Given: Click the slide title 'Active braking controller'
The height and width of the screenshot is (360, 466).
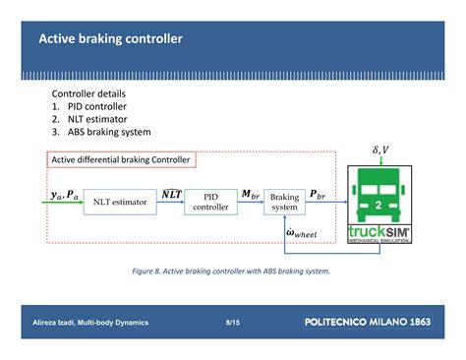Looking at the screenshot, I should point(110,39).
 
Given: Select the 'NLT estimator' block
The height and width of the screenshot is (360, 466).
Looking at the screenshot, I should point(120,202).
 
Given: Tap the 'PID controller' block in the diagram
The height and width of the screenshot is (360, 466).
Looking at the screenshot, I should point(210,202).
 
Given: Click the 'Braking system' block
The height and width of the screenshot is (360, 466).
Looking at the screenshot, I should point(284,202).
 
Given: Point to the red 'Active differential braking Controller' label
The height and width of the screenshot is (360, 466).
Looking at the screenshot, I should point(120,159).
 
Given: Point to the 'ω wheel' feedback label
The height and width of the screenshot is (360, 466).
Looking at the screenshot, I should point(302,232).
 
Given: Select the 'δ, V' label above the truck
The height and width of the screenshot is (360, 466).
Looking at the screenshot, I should point(380,150).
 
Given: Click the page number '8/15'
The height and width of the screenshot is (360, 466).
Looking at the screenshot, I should point(233,321).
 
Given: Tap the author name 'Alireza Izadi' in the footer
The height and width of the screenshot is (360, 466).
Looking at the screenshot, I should point(58,322).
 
